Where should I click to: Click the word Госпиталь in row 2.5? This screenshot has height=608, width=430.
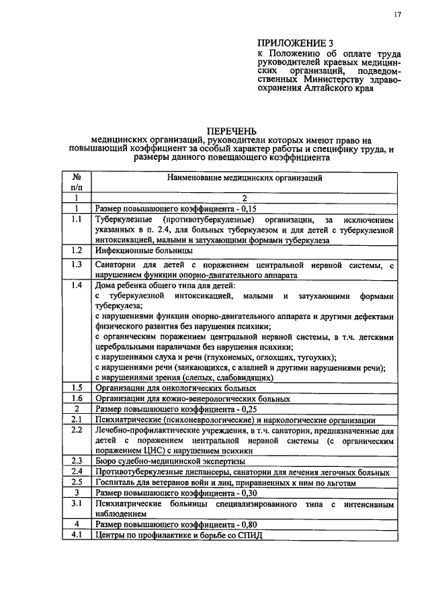115,482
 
